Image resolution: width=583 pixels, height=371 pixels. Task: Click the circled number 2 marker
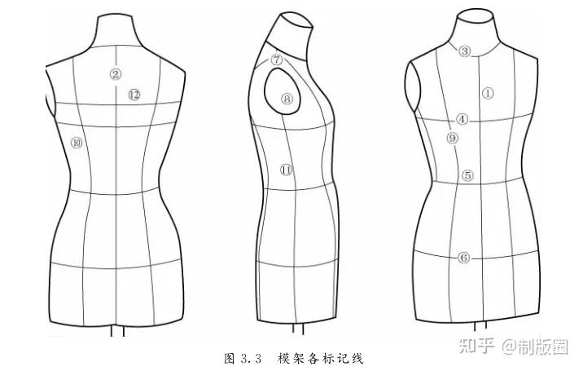[116, 74]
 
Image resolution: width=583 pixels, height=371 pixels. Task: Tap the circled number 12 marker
[134, 95]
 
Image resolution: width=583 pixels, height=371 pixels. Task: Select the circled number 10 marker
[77, 142]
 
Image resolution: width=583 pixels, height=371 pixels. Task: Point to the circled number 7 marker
[277, 60]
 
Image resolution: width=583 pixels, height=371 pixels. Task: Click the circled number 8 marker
[287, 99]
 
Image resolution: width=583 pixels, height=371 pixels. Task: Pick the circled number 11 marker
[286, 170]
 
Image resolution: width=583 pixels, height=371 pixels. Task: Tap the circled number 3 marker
[464, 51]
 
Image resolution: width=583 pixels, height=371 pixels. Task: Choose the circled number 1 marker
[488, 93]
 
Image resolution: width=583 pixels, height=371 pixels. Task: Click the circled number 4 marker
[462, 119]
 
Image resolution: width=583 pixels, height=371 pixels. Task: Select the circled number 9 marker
[453, 138]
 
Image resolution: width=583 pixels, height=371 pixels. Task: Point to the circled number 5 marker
[467, 175]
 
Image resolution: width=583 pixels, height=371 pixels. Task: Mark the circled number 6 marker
[463, 258]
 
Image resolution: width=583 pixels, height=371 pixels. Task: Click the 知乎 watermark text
[475, 348]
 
